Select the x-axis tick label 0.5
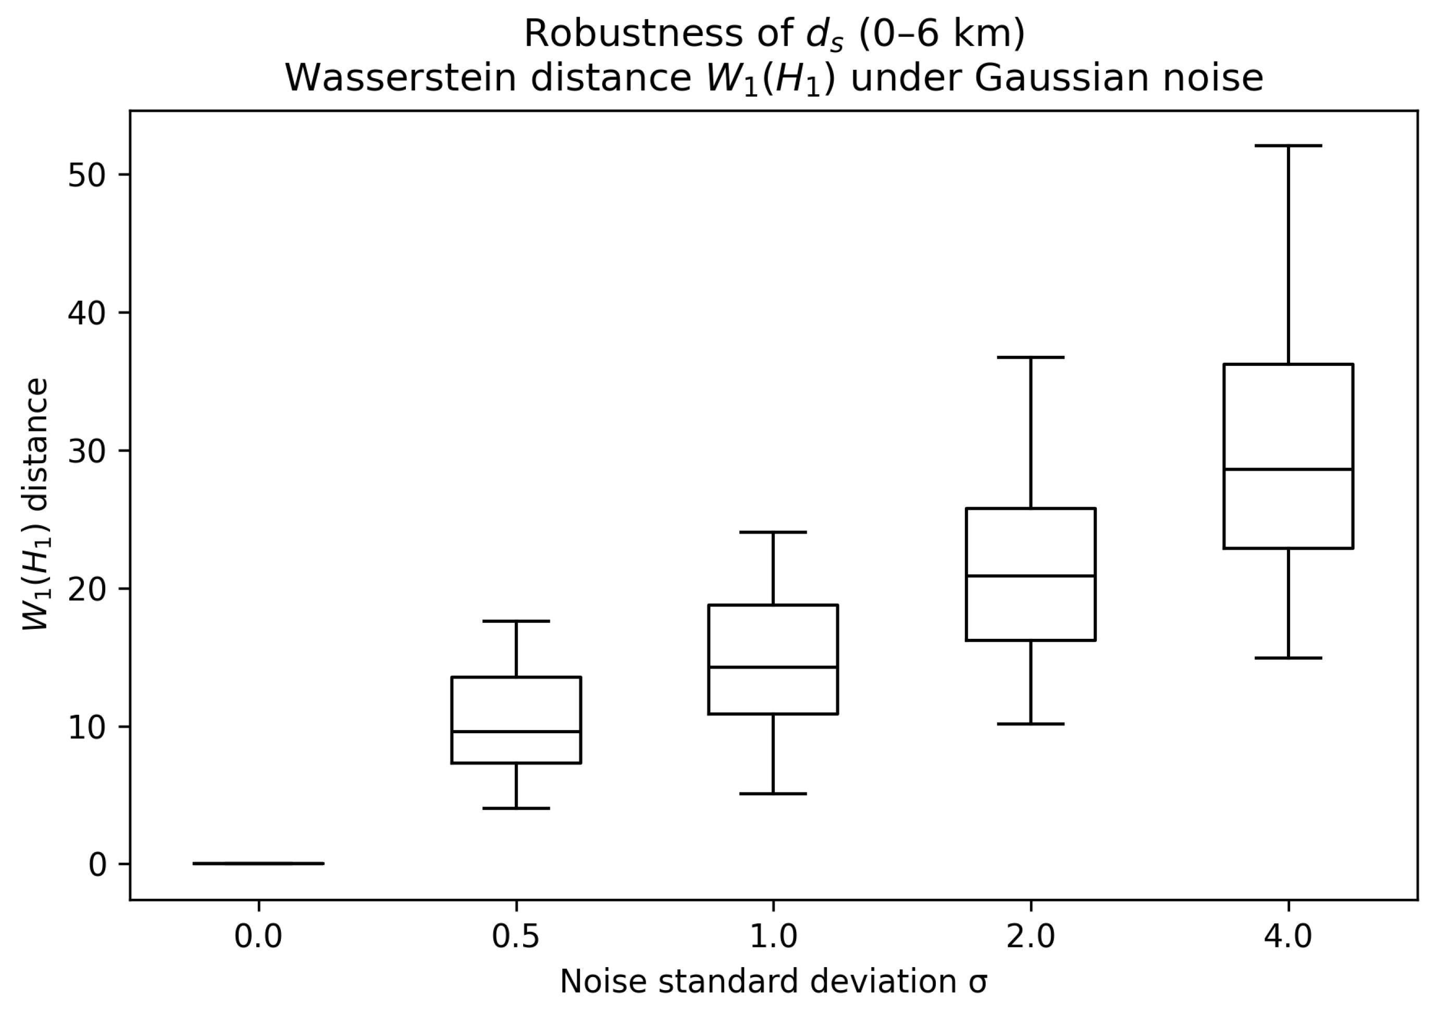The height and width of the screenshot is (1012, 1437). click(516, 937)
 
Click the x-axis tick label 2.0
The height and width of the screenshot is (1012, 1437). click(1031, 937)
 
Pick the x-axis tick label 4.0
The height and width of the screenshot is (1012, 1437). click(1289, 937)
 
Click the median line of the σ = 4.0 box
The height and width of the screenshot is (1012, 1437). click(1289, 469)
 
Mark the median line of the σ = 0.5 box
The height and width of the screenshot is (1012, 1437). click(516, 731)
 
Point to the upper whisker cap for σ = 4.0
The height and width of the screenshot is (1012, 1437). click(1289, 145)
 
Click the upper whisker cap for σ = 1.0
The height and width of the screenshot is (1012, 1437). click(774, 532)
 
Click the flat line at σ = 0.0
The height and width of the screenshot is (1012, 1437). click(258, 863)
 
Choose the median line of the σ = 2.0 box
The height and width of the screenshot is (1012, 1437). click(1031, 575)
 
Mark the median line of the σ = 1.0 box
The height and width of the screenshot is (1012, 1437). click(774, 667)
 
